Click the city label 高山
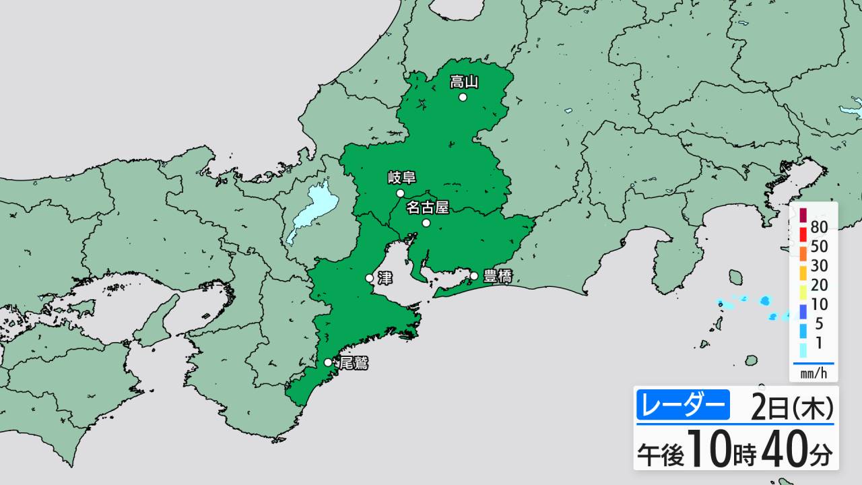coord(464,82)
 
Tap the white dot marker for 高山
coord(463,97)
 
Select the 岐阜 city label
coord(401,179)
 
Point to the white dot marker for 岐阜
coord(400,193)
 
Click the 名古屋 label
coord(427,207)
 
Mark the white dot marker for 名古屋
coord(426,222)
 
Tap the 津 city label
coord(385,277)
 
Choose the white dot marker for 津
coord(370,278)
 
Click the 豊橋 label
coord(498,276)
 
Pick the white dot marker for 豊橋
coord(474,276)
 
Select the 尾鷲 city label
coord(354,363)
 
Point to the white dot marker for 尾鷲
coord(328,362)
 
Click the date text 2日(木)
coord(792,408)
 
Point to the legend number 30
coord(820,266)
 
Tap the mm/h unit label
coord(814,373)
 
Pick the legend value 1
coord(819,343)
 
